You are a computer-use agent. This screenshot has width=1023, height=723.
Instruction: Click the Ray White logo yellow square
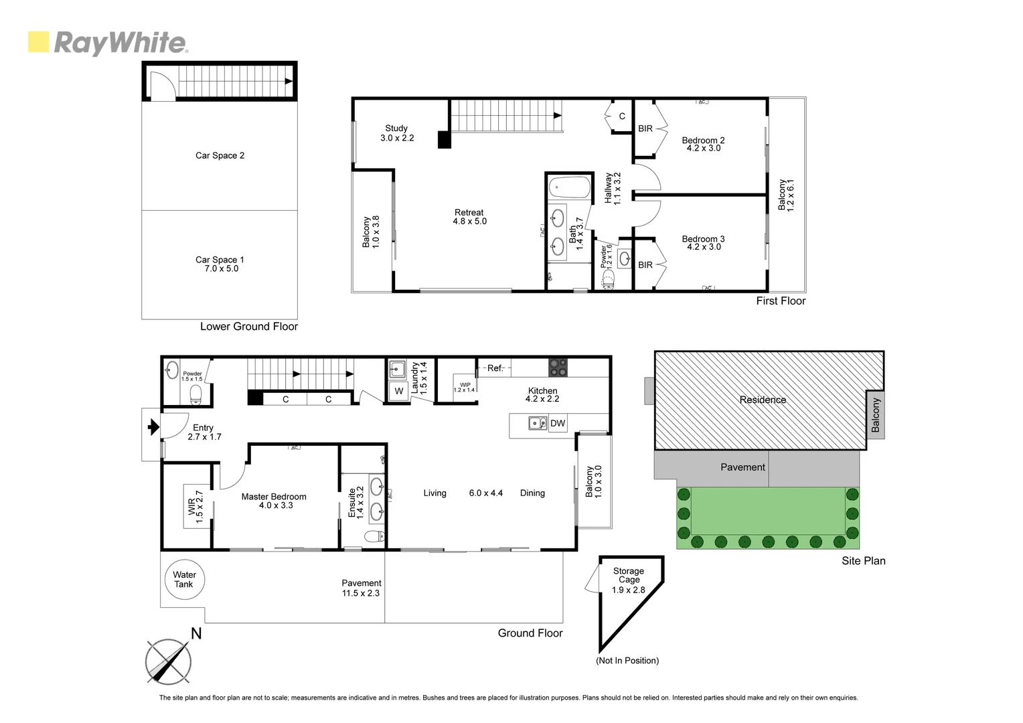pos(39,42)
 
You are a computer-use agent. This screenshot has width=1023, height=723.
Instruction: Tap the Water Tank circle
pos(184,580)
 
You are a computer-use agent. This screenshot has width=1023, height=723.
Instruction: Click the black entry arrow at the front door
pos(153,426)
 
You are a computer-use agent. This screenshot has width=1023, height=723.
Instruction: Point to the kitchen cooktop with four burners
pos(558,368)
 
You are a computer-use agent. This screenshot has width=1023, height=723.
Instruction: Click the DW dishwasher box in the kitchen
pos(557,423)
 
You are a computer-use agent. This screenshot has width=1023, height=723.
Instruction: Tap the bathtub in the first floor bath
pos(569,187)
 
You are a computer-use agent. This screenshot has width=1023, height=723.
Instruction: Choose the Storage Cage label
pos(629,575)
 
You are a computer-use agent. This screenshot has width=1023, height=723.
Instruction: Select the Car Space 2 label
pos(220,155)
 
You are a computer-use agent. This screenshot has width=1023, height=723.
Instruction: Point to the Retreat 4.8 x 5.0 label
pos(469,217)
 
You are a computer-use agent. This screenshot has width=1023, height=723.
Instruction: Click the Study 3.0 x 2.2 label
pos(397,133)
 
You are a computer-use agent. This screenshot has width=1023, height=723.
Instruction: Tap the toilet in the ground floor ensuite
pos(373,536)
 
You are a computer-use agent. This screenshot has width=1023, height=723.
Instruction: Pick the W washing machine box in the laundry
pos(399,391)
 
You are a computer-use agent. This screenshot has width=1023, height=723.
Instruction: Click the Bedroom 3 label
pos(703,239)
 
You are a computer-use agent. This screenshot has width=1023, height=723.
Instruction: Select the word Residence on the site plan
pos(763,400)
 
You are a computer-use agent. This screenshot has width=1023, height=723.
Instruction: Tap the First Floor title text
pos(781,301)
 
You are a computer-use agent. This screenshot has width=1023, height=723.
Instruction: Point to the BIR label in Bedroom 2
pos(645,129)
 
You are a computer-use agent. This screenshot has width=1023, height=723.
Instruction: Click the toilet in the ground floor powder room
pos(195,394)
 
